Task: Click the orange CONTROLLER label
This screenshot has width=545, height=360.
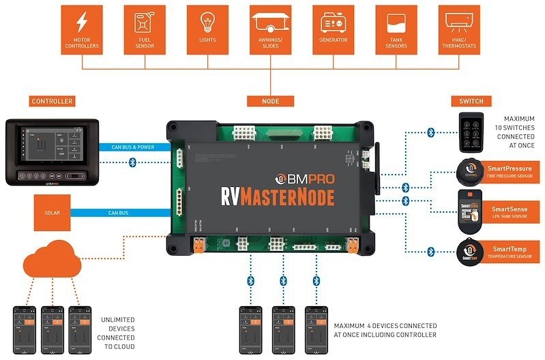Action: click(x=52, y=102)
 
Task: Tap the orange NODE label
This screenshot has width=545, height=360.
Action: click(x=270, y=102)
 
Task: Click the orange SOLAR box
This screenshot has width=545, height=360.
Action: click(x=53, y=213)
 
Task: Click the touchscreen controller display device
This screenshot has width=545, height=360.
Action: click(x=51, y=152)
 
